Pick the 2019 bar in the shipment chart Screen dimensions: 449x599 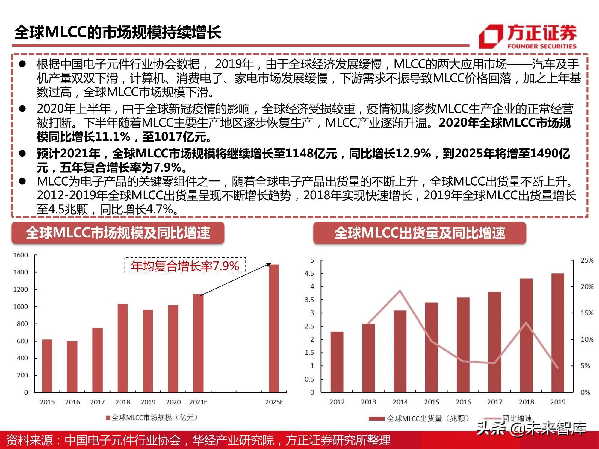click(x=557, y=333)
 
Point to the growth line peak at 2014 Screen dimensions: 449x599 click(x=400, y=291)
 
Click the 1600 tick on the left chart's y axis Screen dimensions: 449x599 click(x=20, y=255)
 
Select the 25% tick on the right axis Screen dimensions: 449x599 click(x=587, y=260)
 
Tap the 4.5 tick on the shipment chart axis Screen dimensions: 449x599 click(x=309, y=273)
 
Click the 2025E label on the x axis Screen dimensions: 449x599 click(x=274, y=402)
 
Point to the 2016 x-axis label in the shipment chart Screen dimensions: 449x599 click(x=463, y=402)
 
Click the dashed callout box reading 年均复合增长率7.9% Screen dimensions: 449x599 click(x=185, y=266)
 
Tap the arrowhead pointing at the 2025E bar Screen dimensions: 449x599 click(x=269, y=264)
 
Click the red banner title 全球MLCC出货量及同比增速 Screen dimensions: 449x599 click(x=420, y=233)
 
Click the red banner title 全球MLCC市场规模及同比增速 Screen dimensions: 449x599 click(x=118, y=233)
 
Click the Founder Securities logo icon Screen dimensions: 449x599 click(x=491, y=36)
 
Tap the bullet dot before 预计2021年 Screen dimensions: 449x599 click(x=22, y=153)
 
